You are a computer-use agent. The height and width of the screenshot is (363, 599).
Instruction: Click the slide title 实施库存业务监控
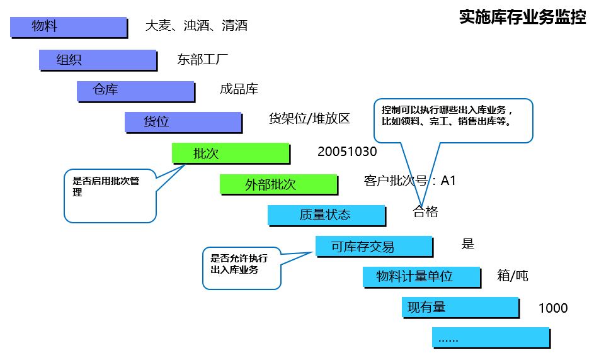522,17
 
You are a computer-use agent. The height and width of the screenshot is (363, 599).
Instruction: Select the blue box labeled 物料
69,28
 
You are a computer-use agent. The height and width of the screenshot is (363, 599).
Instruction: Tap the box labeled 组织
98,60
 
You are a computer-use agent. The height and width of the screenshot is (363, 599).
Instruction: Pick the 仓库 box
136,92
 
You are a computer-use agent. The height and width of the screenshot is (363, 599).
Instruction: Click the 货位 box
184,123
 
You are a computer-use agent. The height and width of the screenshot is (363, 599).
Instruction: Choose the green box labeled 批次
231,154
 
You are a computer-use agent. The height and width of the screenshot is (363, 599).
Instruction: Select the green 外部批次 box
279,185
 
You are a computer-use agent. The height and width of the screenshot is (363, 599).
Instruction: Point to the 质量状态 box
327,216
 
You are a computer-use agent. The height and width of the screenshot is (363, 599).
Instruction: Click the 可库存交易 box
374,247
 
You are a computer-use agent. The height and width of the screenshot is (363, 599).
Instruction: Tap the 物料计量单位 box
422,277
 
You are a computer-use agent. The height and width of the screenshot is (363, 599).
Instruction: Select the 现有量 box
460,308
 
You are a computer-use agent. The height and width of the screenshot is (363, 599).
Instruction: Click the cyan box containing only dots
491,338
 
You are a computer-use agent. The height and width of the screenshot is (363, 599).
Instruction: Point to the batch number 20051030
347,152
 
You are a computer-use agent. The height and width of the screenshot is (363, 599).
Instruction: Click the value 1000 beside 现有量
553,308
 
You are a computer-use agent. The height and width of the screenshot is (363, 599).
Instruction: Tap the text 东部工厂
202,60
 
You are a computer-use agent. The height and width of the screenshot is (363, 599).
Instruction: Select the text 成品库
239,89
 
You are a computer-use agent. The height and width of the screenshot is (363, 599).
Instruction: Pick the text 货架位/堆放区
309,119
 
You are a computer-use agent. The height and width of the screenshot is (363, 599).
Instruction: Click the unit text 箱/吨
512,276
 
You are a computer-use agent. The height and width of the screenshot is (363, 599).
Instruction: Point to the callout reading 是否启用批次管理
110,196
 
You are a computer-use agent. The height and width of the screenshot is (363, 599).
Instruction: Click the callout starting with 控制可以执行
453,121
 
